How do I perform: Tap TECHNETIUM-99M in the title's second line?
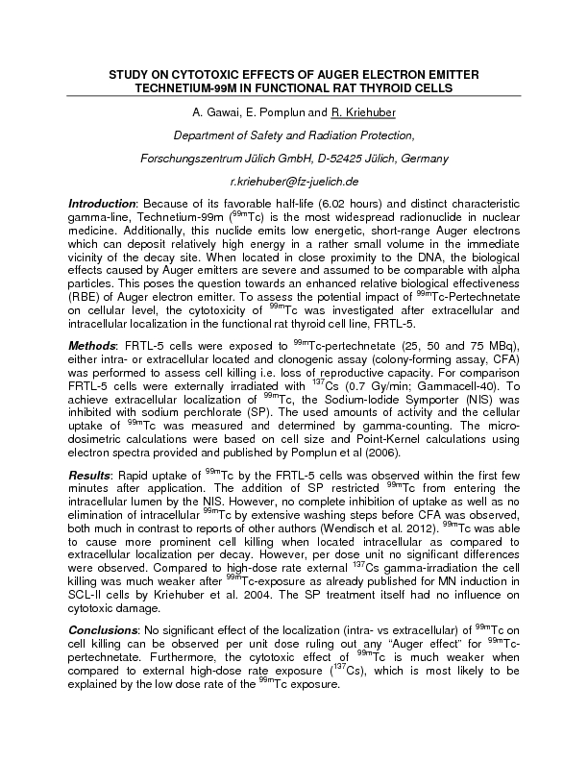[191, 87]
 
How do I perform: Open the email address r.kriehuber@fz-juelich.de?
[293, 181]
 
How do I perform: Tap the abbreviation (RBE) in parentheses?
[86, 298]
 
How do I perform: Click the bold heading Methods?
[90, 346]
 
